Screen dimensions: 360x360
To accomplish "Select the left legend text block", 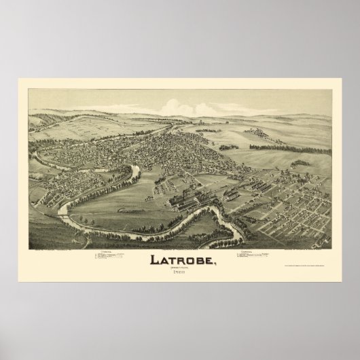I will (112, 259).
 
